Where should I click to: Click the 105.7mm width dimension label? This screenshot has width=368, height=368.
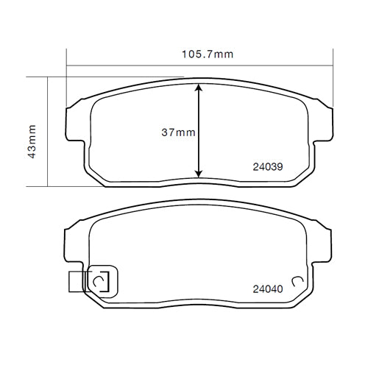click(208, 54)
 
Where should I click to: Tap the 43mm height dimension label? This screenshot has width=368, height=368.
click(32, 141)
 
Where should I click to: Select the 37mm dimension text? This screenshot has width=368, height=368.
click(178, 132)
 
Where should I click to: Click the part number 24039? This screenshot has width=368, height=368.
click(268, 167)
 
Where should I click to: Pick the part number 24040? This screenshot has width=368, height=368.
click(268, 289)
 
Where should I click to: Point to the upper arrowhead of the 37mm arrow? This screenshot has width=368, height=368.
click(199, 88)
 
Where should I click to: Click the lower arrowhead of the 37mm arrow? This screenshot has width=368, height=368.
click(199, 173)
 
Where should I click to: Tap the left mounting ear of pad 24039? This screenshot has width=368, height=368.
click(75, 123)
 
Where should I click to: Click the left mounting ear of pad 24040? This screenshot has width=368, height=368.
click(74, 245)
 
